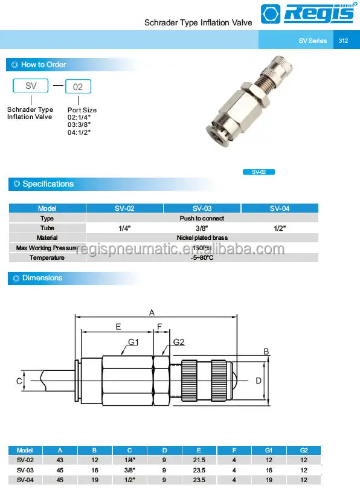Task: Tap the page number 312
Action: (x=344, y=40)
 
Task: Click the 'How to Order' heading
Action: (x=43, y=65)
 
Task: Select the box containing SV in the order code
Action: (x=31, y=86)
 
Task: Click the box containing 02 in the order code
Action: (x=78, y=87)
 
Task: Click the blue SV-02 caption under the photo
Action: (x=259, y=172)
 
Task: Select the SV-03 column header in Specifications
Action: (x=202, y=208)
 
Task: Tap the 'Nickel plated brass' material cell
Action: (x=202, y=238)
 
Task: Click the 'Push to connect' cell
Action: (x=202, y=218)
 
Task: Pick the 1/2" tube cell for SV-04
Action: (x=279, y=228)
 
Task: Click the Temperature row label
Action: (x=47, y=258)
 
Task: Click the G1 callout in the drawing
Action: (x=133, y=343)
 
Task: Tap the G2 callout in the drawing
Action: (x=178, y=343)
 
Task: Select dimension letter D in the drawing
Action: (x=258, y=381)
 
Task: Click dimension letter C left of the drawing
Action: (x=19, y=381)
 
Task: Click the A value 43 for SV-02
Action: (x=60, y=460)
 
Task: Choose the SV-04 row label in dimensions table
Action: (x=25, y=480)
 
